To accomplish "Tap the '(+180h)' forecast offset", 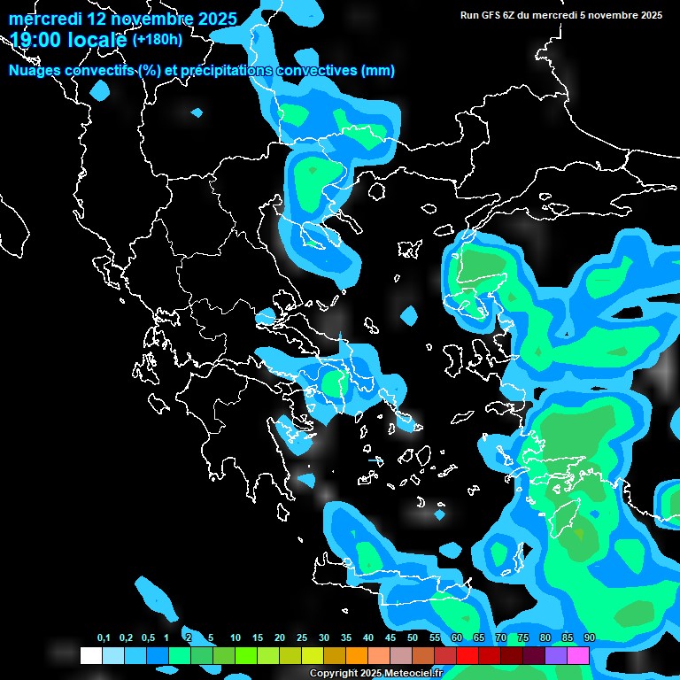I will point(158,39).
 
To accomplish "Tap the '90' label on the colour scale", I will point(590,638).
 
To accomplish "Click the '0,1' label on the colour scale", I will point(103,638).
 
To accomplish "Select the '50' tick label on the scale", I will point(413,638).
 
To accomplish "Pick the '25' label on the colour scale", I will point(302,638).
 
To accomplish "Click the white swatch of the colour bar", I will point(91,655).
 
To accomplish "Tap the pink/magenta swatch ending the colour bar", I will point(578,655).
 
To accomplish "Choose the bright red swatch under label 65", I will point(467,655).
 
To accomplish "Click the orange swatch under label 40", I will point(357,655).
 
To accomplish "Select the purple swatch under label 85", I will point(556,655).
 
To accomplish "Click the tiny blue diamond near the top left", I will point(197,112).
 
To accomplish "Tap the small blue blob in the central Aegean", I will point(408,314).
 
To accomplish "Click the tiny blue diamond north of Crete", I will point(440,514).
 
